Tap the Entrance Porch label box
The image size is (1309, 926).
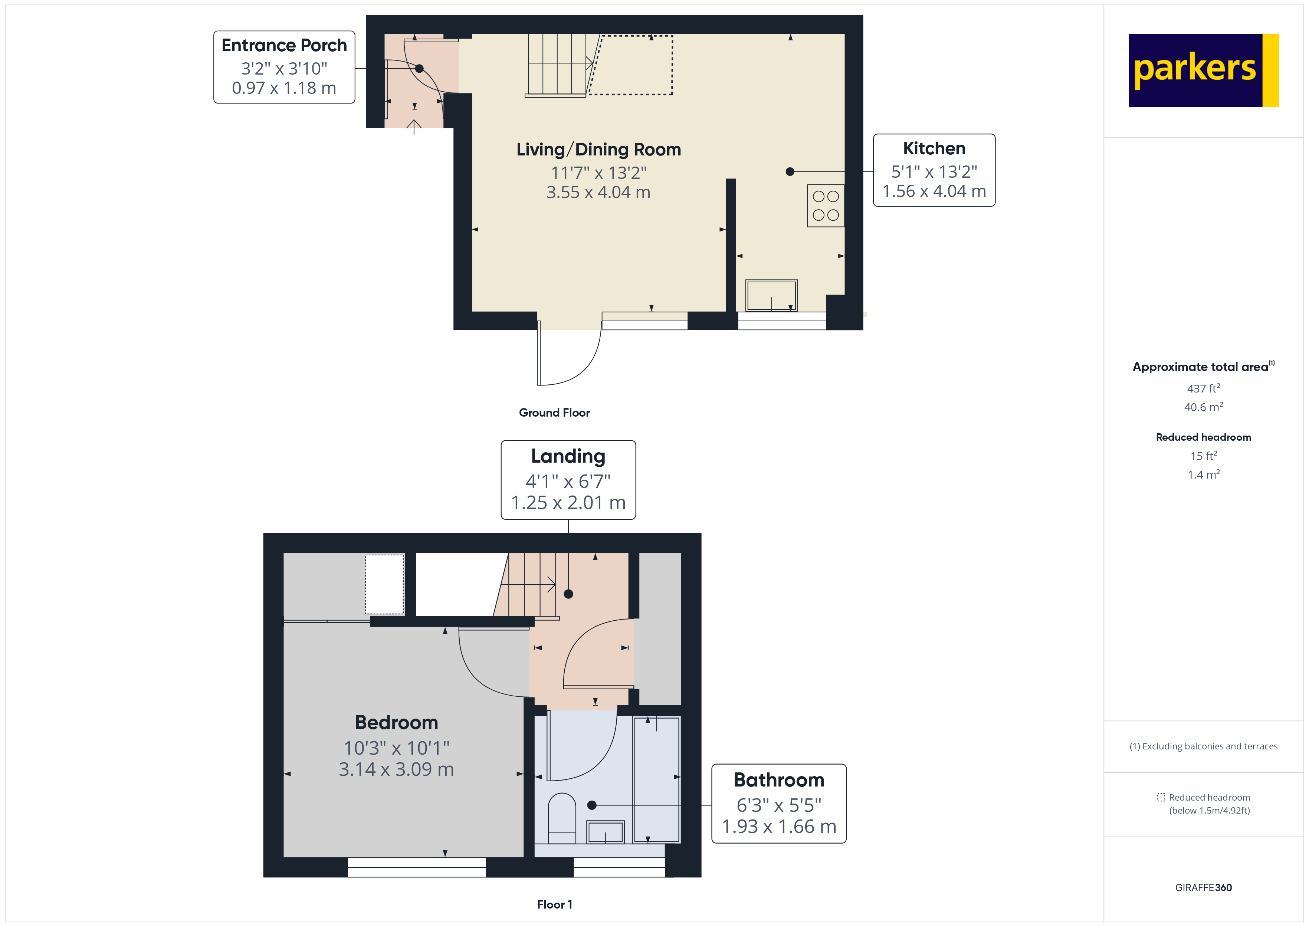[284, 67]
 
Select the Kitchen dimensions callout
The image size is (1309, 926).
[934, 170]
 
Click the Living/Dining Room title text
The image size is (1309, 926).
[598, 150]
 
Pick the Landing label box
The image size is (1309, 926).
[568, 480]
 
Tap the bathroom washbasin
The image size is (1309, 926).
[606, 832]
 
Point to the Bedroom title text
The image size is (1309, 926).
[396, 722]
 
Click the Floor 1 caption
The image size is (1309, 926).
[554, 904]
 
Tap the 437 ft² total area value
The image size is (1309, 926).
[1203, 388]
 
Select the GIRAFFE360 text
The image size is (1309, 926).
[1203, 887]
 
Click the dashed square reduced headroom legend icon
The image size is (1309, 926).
[1161, 797]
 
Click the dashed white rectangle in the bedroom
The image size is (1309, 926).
[384, 584]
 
